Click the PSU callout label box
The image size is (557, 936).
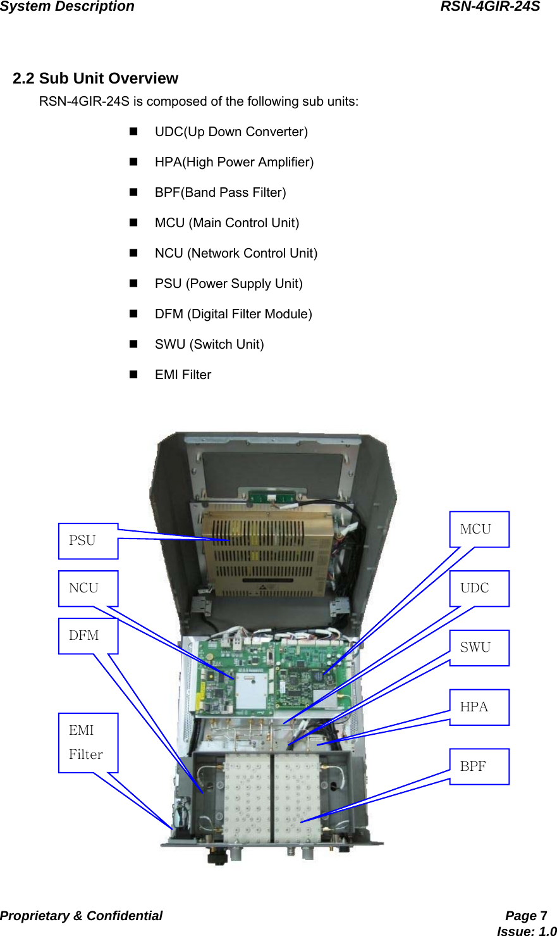(88, 541)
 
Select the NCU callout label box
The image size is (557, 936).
(88, 589)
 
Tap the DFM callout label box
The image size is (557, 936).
(88, 636)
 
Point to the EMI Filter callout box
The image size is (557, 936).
(88, 742)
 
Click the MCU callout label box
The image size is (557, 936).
(479, 529)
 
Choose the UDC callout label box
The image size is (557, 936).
(479, 589)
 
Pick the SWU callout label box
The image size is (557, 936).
(479, 647)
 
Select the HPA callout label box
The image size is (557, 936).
(479, 707)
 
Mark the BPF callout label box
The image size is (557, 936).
(479, 766)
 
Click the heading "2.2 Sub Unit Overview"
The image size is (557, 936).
(95, 78)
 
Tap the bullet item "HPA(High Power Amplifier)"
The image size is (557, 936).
(234, 162)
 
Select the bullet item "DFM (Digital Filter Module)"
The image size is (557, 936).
(233, 314)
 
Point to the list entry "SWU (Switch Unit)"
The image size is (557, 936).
(209, 344)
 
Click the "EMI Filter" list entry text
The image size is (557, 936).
(183, 375)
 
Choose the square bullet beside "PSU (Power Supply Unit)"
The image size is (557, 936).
(133, 284)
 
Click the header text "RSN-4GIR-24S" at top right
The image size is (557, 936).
(490, 7)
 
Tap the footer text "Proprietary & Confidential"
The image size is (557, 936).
(81, 916)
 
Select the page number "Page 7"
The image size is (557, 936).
(526, 916)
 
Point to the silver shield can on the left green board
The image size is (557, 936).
(254, 691)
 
